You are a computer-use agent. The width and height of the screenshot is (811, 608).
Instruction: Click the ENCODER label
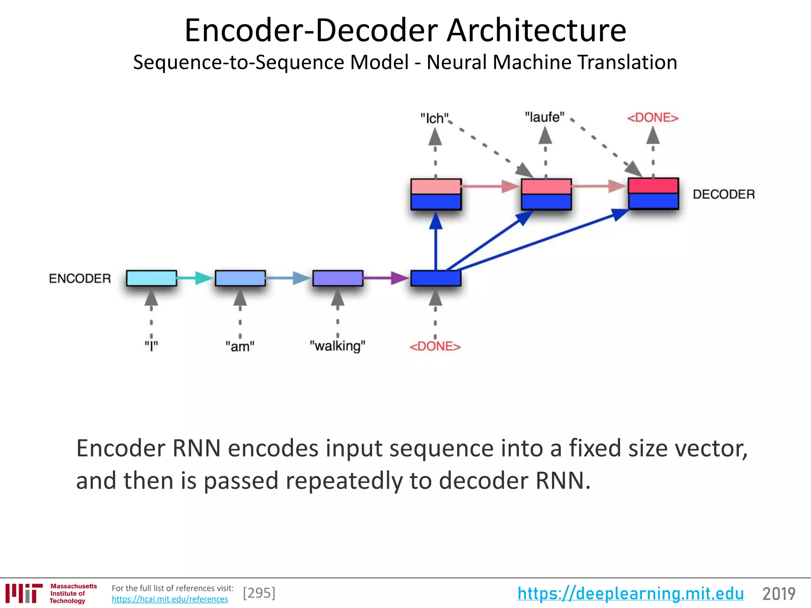pos(80,279)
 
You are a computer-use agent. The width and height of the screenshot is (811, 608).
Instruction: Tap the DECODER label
pos(723,194)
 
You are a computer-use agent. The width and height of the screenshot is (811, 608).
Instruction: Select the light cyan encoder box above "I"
pos(151,278)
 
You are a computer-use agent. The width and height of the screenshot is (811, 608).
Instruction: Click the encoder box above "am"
pos(240,278)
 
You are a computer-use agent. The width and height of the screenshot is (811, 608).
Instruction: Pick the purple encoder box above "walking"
pos(338,278)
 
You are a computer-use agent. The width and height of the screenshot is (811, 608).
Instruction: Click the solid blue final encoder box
pos(436,278)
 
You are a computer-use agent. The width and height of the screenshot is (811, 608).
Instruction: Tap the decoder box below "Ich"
pos(436,194)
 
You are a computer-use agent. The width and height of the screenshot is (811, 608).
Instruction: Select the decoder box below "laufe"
pos(546,194)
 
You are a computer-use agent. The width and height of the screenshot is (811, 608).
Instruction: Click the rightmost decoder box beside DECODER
pos(653,194)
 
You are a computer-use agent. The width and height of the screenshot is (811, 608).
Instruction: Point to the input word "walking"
pos(337,346)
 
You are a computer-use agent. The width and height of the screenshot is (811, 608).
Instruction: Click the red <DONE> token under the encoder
pos(435,347)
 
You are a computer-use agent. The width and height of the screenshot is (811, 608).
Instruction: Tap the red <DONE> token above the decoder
pos(653,118)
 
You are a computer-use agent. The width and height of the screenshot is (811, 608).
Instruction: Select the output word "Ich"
pos(434,118)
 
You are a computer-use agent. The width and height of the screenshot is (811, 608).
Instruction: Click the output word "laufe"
pos(544,118)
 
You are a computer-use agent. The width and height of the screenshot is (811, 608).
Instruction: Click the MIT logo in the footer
pos(24,593)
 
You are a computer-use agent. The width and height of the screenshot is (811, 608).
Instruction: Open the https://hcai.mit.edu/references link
pos(169,599)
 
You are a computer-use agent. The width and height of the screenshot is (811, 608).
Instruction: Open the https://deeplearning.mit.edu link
pos(630,594)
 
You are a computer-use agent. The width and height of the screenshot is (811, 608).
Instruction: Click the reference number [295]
pos(259,593)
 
